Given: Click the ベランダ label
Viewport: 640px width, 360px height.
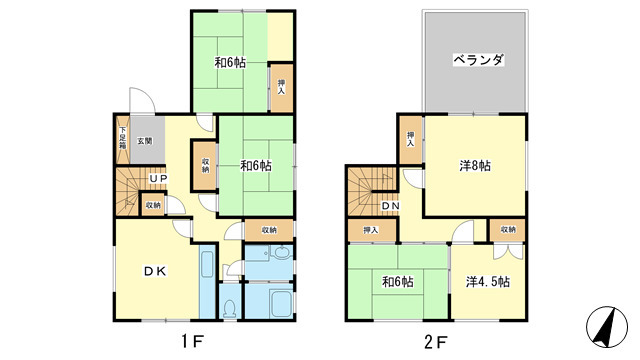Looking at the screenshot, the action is click(x=479, y=60).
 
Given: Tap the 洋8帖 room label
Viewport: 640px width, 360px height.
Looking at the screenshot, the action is click(x=475, y=166).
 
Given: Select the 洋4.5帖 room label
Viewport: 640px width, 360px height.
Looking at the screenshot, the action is click(x=488, y=282).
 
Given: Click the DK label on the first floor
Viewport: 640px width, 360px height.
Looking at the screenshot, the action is click(x=156, y=271).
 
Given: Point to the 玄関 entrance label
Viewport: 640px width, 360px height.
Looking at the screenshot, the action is click(x=144, y=141).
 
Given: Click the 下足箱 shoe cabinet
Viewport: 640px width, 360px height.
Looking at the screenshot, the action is click(x=122, y=139).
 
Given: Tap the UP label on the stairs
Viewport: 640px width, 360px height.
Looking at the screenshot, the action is click(x=158, y=178).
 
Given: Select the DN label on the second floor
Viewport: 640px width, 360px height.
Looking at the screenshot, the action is click(x=390, y=206).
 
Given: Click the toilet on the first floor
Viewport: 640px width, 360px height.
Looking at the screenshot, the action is click(x=230, y=308).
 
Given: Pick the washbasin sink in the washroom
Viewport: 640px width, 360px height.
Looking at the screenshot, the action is click(x=282, y=252).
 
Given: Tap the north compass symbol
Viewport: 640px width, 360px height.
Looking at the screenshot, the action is click(x=607, y=327).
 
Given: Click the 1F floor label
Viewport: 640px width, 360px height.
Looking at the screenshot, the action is click(x=192, y=342).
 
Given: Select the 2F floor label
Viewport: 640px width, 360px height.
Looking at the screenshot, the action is click(x=436, y=342).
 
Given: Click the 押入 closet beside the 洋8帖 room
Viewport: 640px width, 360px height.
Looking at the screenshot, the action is click(x=411, y=140).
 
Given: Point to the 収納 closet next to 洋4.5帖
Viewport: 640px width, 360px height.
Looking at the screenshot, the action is click(x=508, y=230).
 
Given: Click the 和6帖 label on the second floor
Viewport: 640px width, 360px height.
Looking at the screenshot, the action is click(x=398, y=282).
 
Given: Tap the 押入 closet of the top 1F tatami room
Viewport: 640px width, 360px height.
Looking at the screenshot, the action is click(x=282, y=87).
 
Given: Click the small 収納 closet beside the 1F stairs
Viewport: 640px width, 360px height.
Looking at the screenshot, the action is click(x=153, y=205).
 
